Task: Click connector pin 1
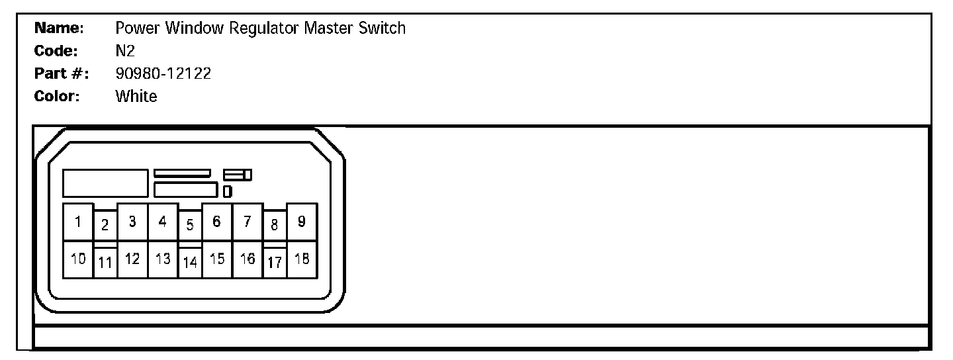pyautogui.click(x=78, y=222)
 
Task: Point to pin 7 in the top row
pyautogui.click(x=247, y=222)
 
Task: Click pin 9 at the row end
pyautogui.click(x=301, y=222)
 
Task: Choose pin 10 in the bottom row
pyautogui.click(x=78, y=259)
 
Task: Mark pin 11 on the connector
pyautogui.click(x=105, y=263)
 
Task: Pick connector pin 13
pyautogui.click(x=163, y=259)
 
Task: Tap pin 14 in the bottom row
pyautogui.click(x=190, y=263)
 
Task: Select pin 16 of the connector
pyautogui.click(x=247, y=259)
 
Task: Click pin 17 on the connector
pyautogui.click(x=275, y=263)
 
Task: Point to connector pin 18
pyautogui.click(x=301, y=259)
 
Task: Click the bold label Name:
pyautogui.click(x=58, y=28)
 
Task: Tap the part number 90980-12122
pyautogui.click(x=163, y=73)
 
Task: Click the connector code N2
pyautogui.click(x=125, y=51)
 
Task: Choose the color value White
pyautogui.click(x=136, y=96)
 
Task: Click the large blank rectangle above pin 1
pyautogui.click(x=105, y=183)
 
